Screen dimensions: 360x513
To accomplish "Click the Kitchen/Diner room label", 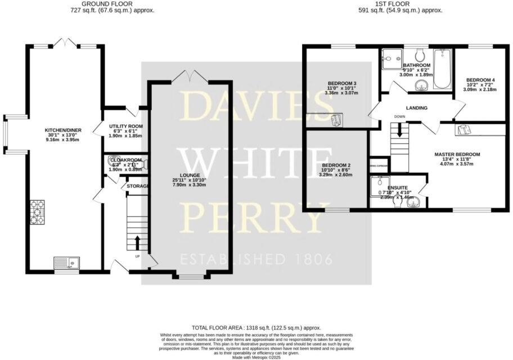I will tap(64, 130).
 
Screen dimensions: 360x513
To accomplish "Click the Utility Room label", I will tap(126, 126).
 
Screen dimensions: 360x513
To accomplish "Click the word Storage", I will tap(137, 186).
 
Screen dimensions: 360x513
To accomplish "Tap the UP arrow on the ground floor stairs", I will tap(137, 243).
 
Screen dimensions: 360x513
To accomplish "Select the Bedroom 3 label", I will tap(342, 84).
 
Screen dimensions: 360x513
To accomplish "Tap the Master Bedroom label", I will tap(457, 154).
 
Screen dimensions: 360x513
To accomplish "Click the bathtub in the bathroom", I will tap(443, 70).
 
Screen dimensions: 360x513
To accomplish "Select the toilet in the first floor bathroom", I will tap(419, 56).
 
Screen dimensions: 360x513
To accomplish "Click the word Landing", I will tap(416, 108).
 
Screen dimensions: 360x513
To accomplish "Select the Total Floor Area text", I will tap(256, 327).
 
